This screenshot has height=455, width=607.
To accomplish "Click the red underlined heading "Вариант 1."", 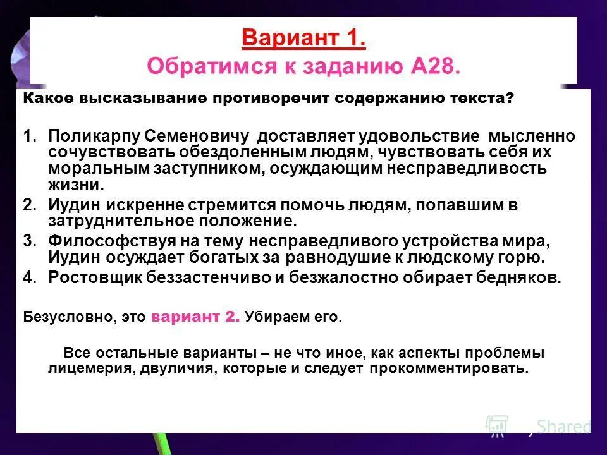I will [x=303, y=39].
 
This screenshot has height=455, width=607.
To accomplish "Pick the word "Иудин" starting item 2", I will [x=72, y=205].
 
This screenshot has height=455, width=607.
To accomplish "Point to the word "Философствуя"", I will [x=104, y=241].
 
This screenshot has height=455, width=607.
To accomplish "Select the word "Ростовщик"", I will [x=95, y=279].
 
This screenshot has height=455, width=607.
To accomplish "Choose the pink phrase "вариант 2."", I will [x=195, y=318].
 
